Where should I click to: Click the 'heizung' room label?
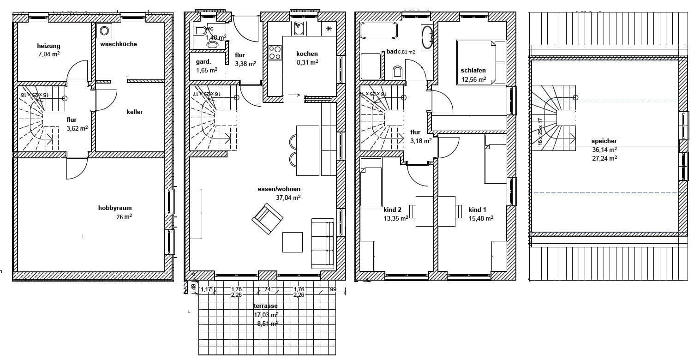(x=48, y=46)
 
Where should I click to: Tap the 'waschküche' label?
(x=119, y=44)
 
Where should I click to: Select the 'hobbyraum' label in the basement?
(x=115, y=208)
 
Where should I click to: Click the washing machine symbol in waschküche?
(x=105, y=30)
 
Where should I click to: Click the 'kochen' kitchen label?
(x=307, y=54)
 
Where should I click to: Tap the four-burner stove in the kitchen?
(x=275, y=52)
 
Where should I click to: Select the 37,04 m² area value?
(x=288, y=197)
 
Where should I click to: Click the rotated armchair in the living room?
(x=267, y=218)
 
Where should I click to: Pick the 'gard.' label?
(x=203, y=62)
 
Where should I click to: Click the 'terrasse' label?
(x=265, y=306)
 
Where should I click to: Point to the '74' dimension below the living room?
(x=267, y=289)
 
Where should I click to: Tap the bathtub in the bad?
(x=378, y=31)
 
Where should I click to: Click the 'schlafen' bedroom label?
(x=473, y=71)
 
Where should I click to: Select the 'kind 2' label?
(x=392, y=210)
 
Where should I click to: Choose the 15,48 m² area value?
(x=481, y=218)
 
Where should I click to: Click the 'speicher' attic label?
(x=604, y=141)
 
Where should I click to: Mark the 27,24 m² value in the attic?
(x=604, y=158)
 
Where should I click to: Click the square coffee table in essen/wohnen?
(x=292, y=242)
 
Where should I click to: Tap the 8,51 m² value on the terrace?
(x=267, y=324)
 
